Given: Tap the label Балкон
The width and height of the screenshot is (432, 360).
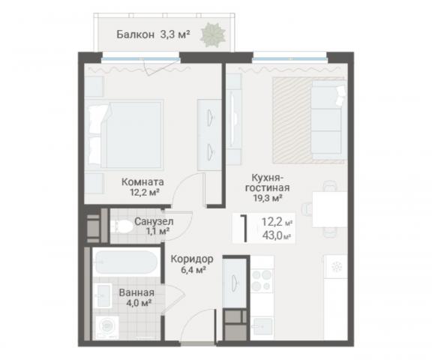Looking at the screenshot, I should (136, 34).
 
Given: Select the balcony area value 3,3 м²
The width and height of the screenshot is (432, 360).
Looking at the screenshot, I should (175, 34).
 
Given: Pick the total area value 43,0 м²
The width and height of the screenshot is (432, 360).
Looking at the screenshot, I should (276, 235).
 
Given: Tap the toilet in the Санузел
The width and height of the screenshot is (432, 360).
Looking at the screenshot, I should (121, 227).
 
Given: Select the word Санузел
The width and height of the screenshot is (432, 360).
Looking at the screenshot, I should (154, 222).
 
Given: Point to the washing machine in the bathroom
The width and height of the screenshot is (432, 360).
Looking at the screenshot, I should (110, 327).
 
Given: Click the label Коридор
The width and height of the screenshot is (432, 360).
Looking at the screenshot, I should (192, 259).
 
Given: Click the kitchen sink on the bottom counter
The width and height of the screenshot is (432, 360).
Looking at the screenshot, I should (262, 325).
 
